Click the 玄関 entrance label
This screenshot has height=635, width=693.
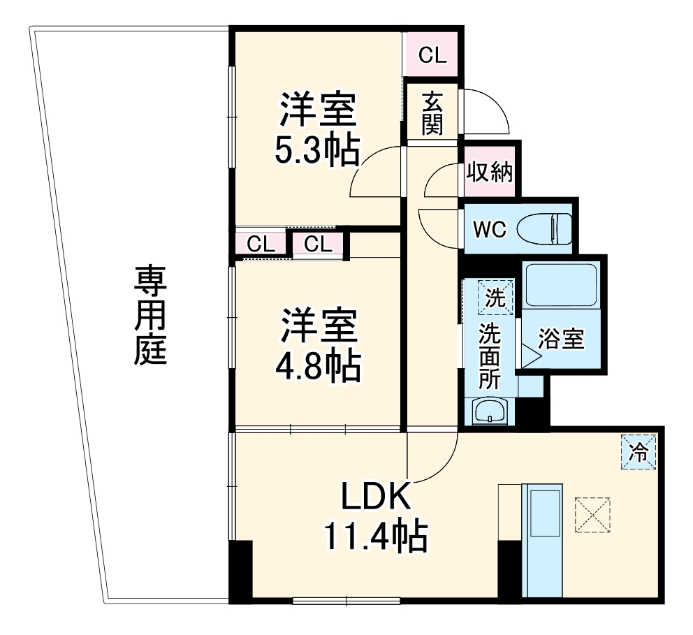[432, 114]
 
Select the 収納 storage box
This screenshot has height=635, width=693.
[489, 172]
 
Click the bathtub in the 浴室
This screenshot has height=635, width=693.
[560, 285]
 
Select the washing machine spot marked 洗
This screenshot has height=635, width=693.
[495, 298]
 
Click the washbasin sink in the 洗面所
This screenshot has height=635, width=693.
[492, 411]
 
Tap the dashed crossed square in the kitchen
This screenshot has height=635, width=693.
[592, 515]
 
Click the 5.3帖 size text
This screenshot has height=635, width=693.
[318, 148]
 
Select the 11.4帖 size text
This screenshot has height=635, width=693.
[375, 537]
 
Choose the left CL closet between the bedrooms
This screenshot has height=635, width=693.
[261, 244]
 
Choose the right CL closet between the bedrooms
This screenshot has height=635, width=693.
[318, 244]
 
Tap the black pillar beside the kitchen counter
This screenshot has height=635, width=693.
[510, 569]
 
